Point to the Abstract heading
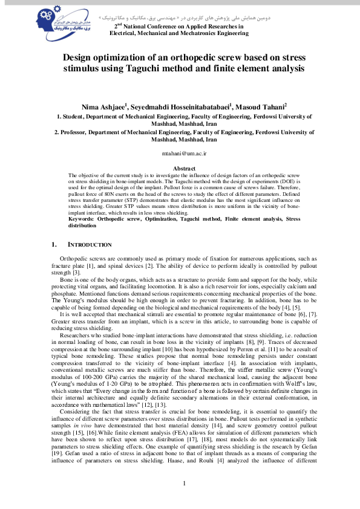[185, 167]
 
